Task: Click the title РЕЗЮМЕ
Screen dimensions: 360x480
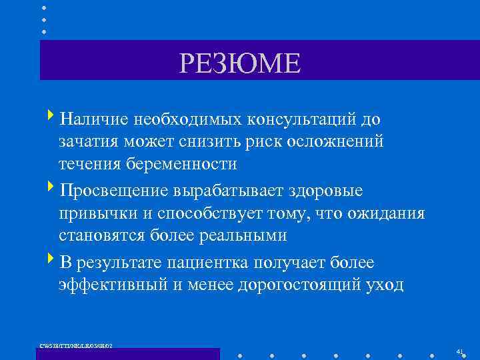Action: [x=240, y=64]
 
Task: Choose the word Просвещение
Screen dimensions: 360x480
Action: [x=114, y=191]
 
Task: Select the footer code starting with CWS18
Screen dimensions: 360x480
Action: [x=77, y=345]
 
